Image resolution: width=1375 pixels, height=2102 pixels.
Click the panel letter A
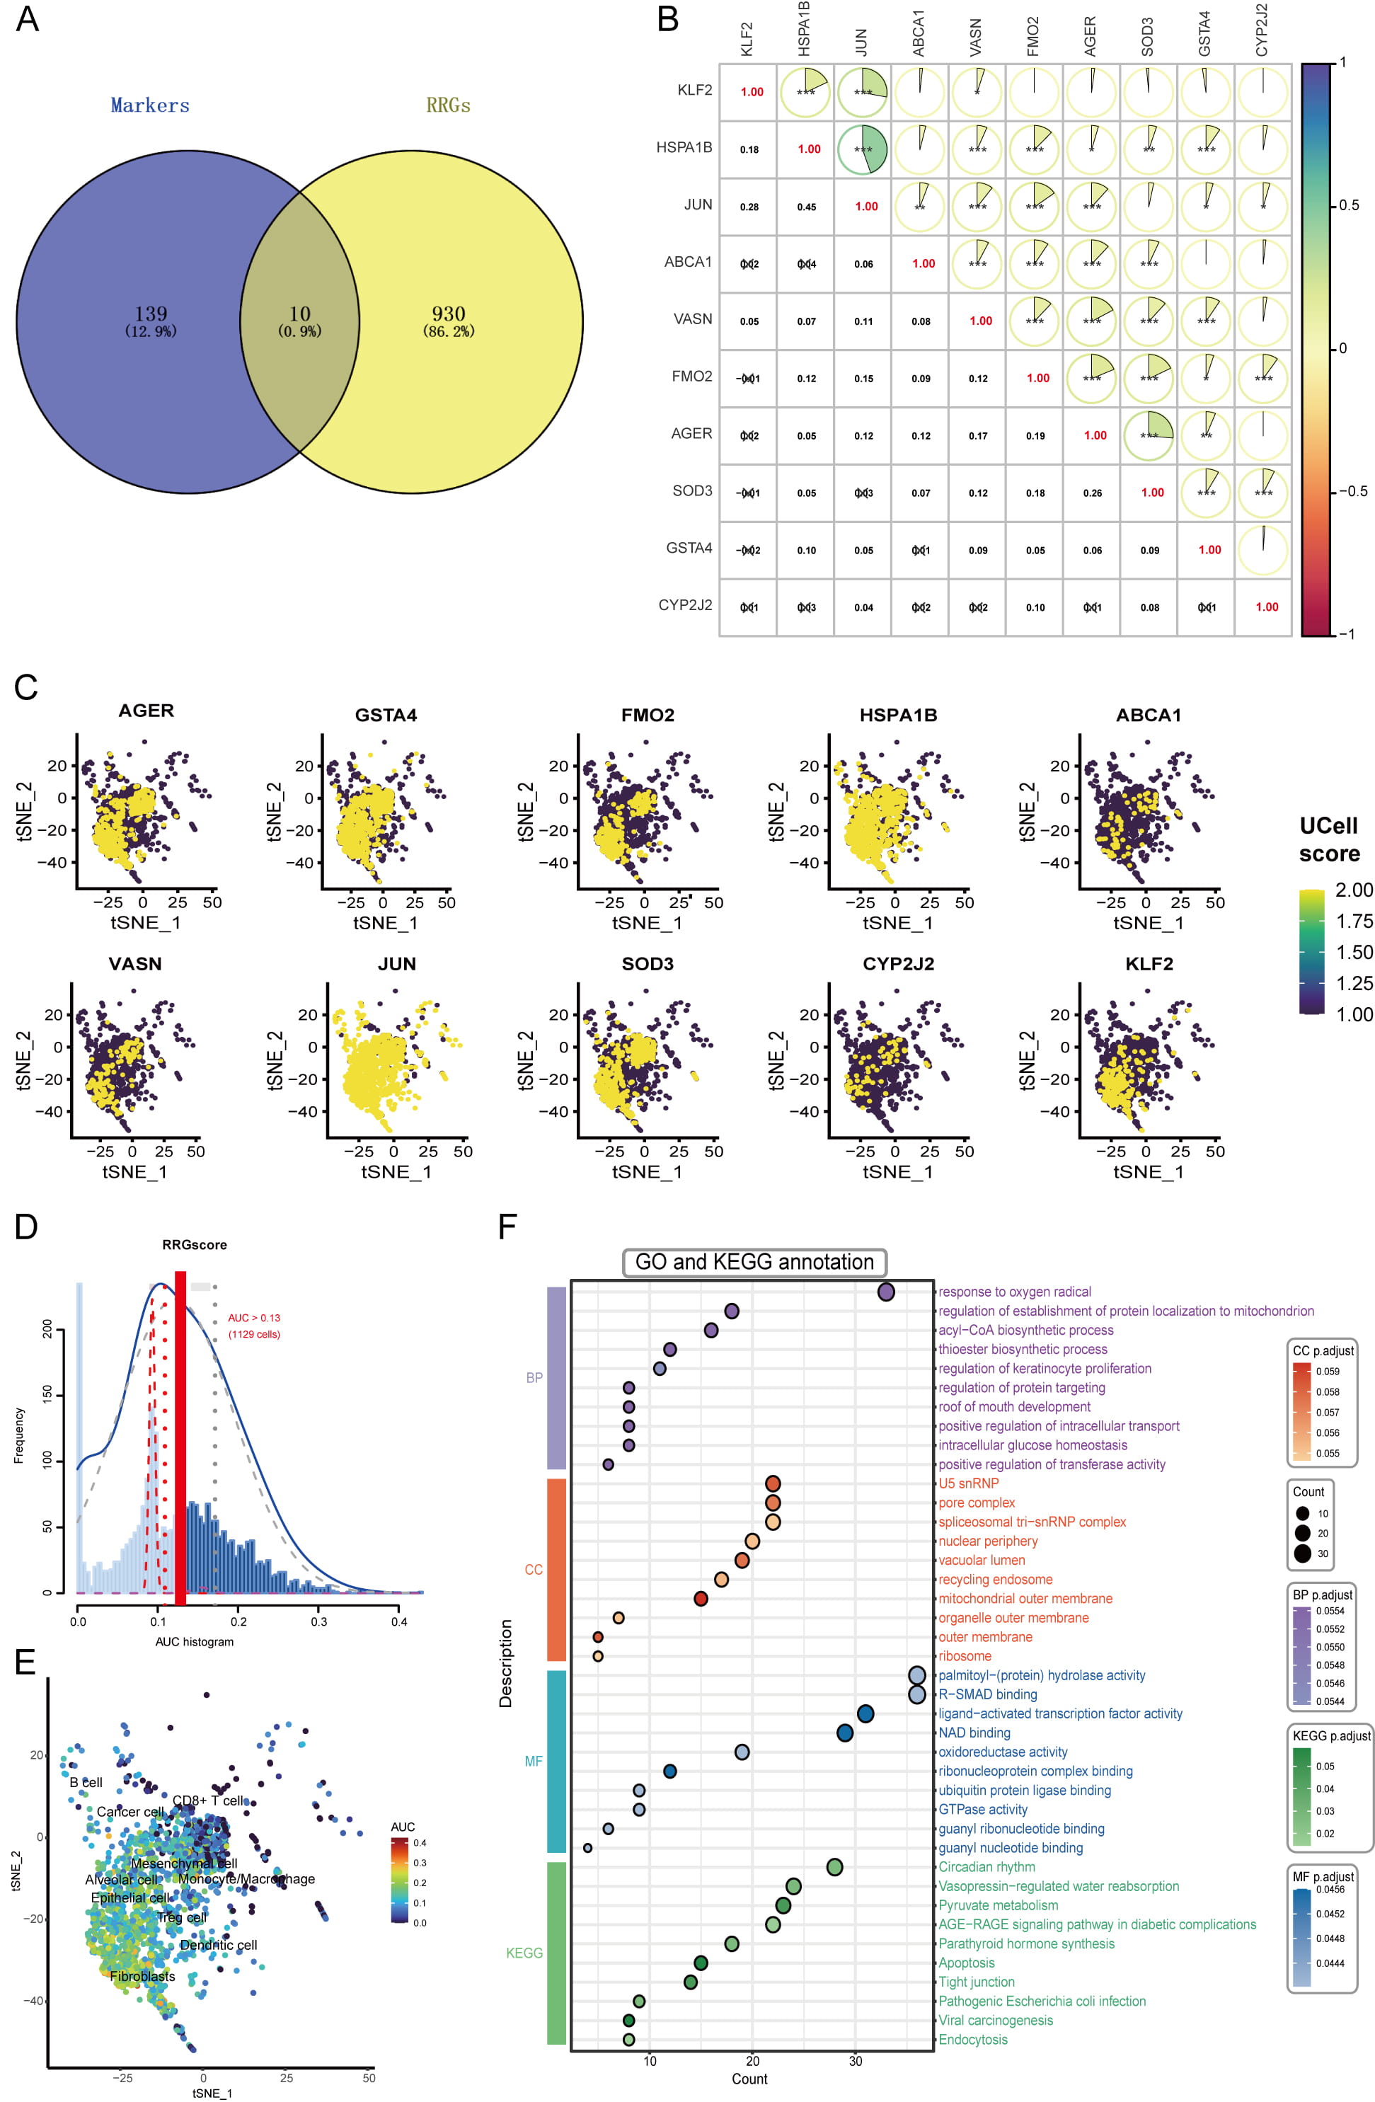(28, 19)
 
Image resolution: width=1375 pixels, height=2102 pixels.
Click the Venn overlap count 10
(299, 314)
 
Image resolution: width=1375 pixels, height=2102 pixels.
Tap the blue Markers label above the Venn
(150, 105)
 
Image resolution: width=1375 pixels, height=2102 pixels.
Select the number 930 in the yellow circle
(449, 314)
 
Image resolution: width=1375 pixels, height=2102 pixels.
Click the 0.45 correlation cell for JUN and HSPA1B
(806, 207)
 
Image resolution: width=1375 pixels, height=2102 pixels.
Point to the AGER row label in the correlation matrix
(691, 434)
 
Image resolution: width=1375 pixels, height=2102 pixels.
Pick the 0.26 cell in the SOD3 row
(1093, 493)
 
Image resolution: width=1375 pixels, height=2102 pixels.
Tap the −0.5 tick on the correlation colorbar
(1352, 491)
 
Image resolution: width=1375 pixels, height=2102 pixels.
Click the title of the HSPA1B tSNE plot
(898, 716)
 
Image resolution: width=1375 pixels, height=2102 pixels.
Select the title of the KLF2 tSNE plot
(1149, 965)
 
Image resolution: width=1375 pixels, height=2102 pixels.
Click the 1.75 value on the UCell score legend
(1354, 921)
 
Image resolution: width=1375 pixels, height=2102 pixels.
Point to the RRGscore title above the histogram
(195, 1246)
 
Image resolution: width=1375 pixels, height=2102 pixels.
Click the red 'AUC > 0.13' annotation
(253, 1318)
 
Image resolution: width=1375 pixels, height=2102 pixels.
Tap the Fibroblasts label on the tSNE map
(142, 1977)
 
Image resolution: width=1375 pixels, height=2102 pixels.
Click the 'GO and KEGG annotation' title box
(754, 1262)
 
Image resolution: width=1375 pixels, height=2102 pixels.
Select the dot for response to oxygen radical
(886, 1292)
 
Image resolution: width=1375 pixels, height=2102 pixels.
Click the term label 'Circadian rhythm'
(986, 1867)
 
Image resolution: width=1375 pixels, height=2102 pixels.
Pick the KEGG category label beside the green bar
(524, 1953)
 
